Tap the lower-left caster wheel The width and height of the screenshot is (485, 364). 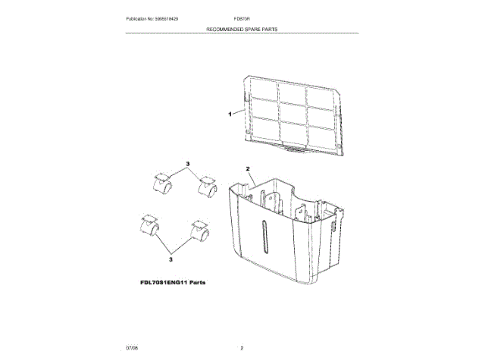tap(149, 226)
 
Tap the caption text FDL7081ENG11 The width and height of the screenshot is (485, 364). tap(163, 282)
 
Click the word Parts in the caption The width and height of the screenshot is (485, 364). tap(197, 282)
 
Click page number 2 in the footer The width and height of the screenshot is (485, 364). tap(242, 347)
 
